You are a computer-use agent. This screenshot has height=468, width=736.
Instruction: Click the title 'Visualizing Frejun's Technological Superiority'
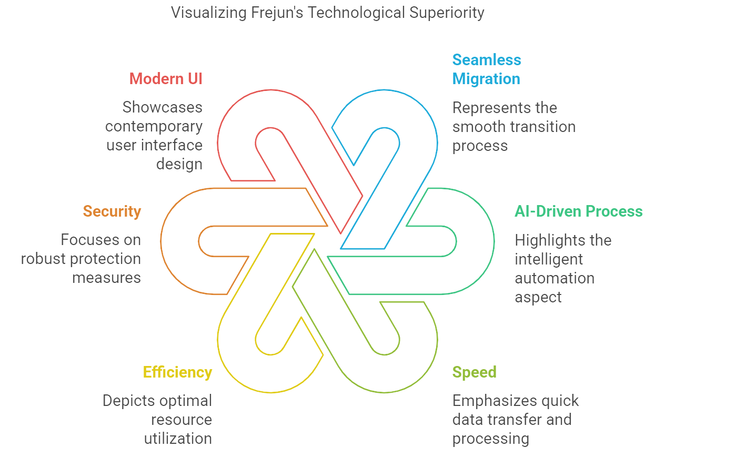pos(327,13)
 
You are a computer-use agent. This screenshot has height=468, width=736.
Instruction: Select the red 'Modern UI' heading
pos(166,79)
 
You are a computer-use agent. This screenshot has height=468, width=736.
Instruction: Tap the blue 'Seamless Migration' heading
pos(486,69)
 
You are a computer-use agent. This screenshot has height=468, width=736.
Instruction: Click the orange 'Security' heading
pos(112,211)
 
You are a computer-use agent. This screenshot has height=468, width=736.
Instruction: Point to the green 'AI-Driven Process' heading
pos(578,211)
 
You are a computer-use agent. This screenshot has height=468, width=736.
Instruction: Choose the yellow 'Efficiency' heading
pos(177,372)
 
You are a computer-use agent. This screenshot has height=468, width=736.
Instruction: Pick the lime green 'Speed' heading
pos(474,372)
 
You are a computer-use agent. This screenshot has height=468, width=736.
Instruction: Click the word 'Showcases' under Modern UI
pos(163,107)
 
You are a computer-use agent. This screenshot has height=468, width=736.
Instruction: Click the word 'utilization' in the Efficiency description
pos(178,439)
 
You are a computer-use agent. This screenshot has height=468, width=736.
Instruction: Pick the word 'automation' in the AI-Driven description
pos(554,278)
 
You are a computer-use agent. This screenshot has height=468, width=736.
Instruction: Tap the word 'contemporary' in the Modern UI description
pos(154,126)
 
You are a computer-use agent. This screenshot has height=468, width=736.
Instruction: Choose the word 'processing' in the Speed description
pos(490,439)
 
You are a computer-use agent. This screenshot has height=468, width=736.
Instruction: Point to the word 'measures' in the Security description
pos(106,278)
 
